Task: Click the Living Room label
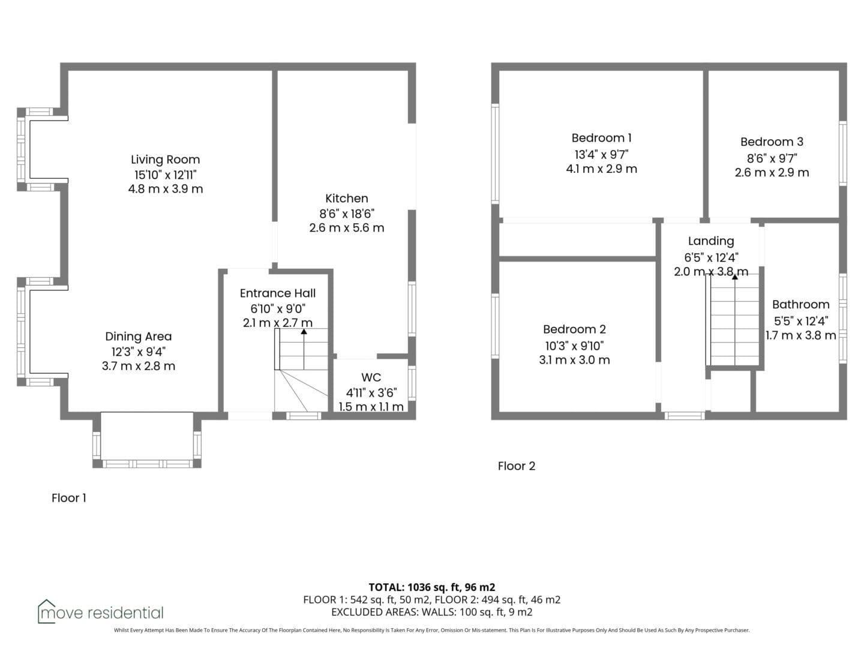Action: tap(166, 160)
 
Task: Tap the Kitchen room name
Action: tap(346, 198)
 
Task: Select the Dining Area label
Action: tap(138, 337)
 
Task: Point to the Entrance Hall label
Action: tap(278, 293)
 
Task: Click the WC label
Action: tap(371, 377)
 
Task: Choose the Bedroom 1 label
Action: tap(601, 138)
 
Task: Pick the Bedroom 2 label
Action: tap(574, 329)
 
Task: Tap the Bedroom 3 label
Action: tap(772, 142)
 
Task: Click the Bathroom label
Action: tap(800, 304)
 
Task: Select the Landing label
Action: tap(711, 241)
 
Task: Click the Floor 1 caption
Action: tap(69, 498)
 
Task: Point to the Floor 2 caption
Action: tap(517, 466)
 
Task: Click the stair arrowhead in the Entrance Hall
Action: tap(304, 332)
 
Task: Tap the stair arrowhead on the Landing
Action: tap(734, 277)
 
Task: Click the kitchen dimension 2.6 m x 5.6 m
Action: tap(346, 228)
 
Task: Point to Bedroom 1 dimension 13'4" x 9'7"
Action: tap(601, 154)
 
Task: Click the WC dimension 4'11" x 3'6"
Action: tap(371, 392)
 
